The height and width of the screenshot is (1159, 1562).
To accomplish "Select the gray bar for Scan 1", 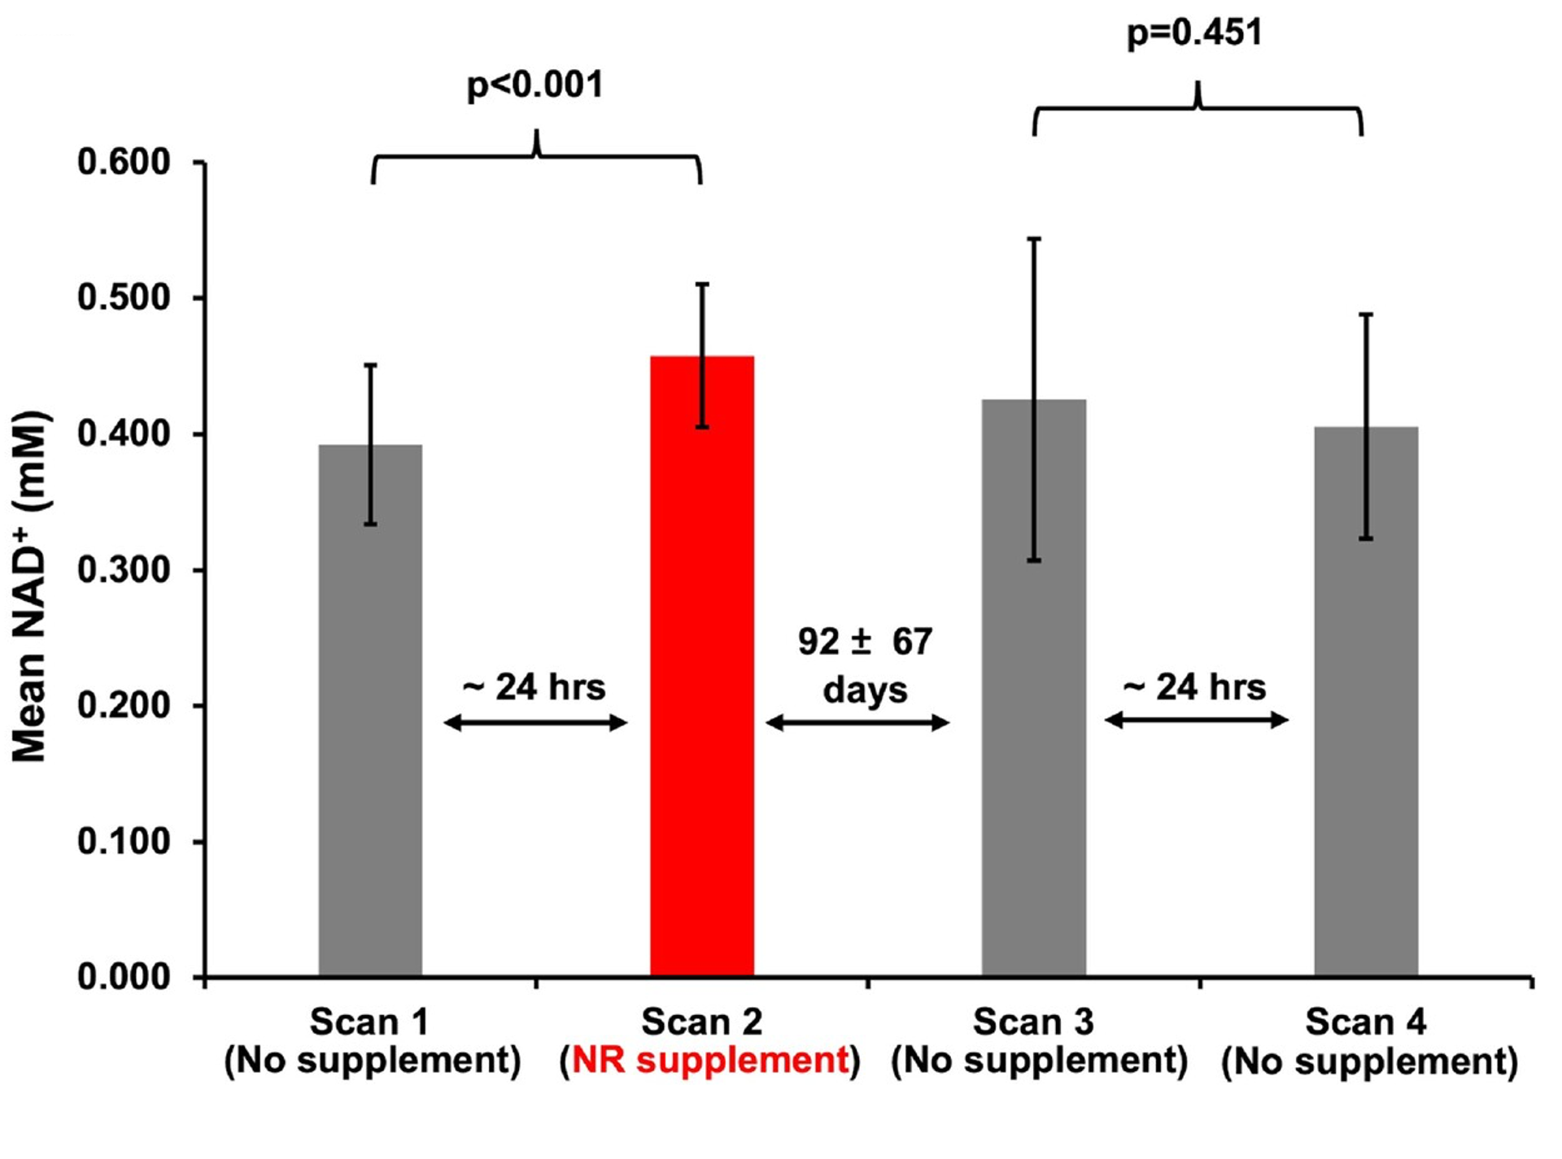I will click(370, 732).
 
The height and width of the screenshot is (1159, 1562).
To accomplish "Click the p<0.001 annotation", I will click(534, 85).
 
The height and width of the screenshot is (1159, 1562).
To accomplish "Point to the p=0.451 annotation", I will click(1194, 33).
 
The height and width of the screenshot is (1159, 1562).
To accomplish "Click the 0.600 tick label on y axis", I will click(124, 162).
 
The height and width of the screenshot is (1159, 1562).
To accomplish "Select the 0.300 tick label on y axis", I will click(124, 569).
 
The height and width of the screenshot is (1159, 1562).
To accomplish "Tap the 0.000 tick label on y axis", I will click(124, 976).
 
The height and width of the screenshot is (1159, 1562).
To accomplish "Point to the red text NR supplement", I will click(710, 1061).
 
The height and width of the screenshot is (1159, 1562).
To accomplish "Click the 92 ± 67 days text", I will click(865, 665).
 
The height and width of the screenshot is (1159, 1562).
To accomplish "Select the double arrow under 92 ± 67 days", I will click(857, 722).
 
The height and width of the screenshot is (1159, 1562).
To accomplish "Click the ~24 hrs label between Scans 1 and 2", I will click(534, 687).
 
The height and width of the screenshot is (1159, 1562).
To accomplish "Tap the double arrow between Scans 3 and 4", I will click(1196, 720).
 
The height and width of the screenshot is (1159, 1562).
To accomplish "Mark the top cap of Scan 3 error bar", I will click(1034, 239).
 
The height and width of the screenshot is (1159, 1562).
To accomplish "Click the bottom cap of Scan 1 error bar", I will click(370, 525).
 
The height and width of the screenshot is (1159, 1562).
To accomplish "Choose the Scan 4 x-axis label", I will click(1369, 1042).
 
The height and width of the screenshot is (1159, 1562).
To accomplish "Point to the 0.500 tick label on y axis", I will click(124, 298).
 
